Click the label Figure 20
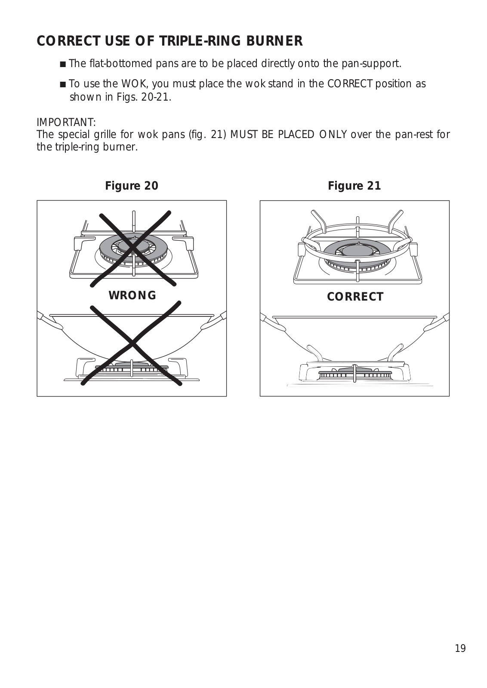pyautogui.click(x=132, y=186)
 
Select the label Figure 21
pyautogui.click(x=354, y=186)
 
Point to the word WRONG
pyautogui.click(x=133, y=295)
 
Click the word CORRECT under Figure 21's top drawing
pyautogui.click(x=355, y=297)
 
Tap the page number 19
pyautogui.click(x=460, y=648)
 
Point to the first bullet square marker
pyautogui.click(x=63, y=64)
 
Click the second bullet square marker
pyautogui.click(x=63, y=84)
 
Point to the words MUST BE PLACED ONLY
pyautogui.click(x=288, y=135)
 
